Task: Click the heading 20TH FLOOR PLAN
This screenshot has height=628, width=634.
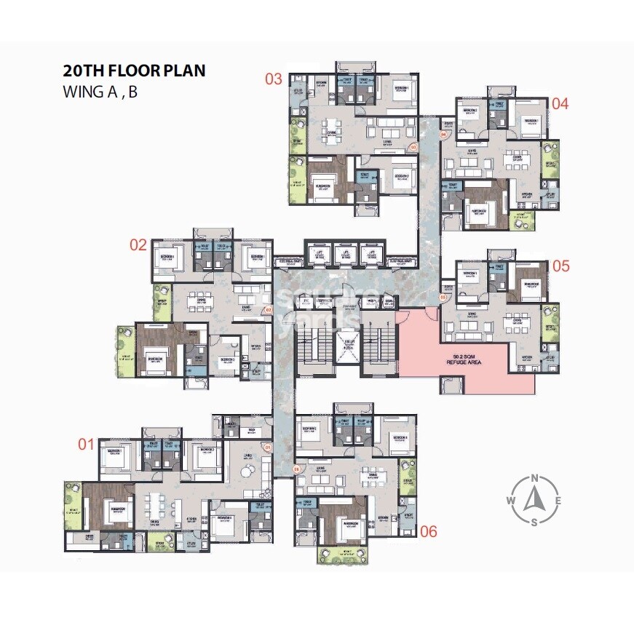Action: pos(134,71)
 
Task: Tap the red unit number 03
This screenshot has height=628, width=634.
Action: pos(273,79)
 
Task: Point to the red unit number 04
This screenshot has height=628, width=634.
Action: pos(559,103)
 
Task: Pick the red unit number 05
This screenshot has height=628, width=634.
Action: pos(560,266)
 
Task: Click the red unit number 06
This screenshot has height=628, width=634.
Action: pos(429,532)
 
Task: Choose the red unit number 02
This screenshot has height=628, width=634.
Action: pos(138,245)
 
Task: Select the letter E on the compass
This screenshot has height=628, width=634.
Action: pos(558,500)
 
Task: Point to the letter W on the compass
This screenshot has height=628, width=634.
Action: pos(511,500)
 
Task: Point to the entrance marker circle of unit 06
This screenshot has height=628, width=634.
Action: pos(296,470)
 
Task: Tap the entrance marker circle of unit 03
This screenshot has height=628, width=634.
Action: pos(413,147)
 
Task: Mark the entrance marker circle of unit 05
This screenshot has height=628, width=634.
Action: pos(442,298)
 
